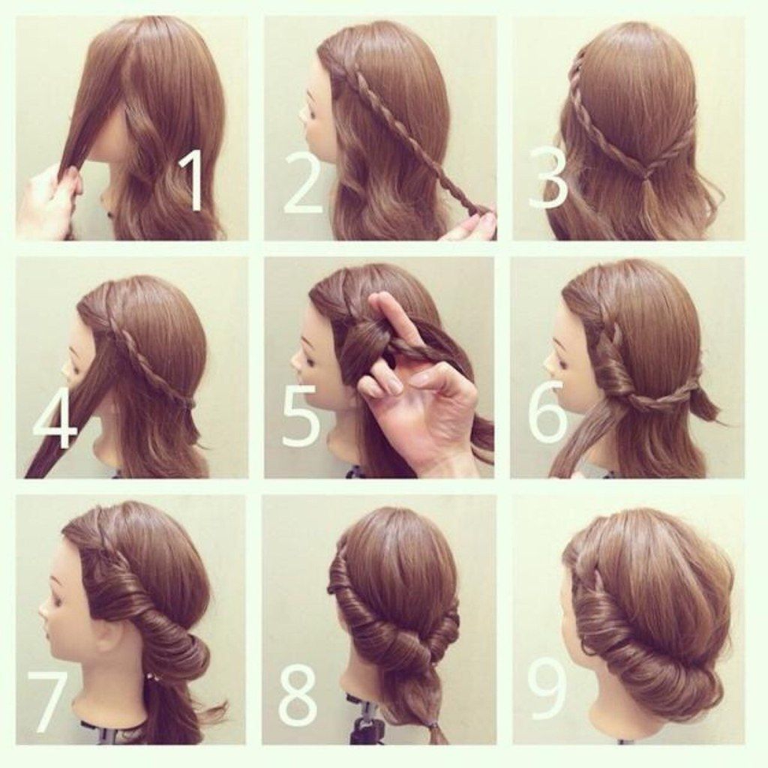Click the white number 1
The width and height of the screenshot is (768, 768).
coord(192,181)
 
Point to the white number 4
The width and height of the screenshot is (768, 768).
coord(54,418)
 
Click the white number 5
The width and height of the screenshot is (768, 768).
coord(302,416)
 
